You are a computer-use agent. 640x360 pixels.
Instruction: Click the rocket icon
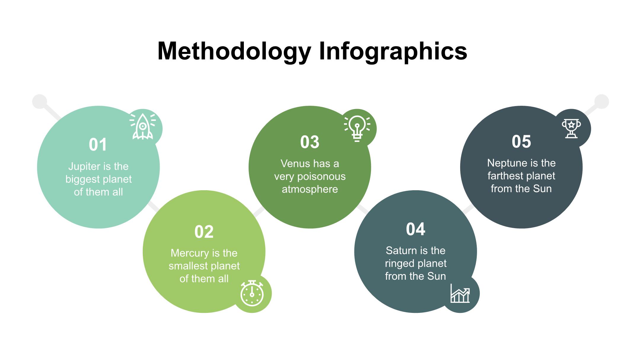point(143,127)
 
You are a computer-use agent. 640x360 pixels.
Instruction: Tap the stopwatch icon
point(252,293)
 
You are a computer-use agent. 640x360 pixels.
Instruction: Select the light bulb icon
point(357,129)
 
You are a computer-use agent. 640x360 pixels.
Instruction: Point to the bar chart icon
point(460,293)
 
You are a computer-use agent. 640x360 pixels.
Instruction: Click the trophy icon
point(571,128)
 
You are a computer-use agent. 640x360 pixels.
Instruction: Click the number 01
point(98,145)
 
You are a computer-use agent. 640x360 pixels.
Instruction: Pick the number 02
point(204,232)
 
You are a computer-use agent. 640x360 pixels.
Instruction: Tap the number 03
point(310,142)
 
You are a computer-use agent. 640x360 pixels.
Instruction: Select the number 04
point(415,229)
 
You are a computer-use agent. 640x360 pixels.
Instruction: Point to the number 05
point(521,141)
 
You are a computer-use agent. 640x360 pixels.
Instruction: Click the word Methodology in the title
point(234,52)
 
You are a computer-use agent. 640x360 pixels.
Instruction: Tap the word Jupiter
point(84,167)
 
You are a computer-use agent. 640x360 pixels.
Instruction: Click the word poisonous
point(321,177)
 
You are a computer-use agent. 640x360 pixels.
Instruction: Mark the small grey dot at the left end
point(40,102)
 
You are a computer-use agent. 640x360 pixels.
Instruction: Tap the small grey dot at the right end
point(601,102)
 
